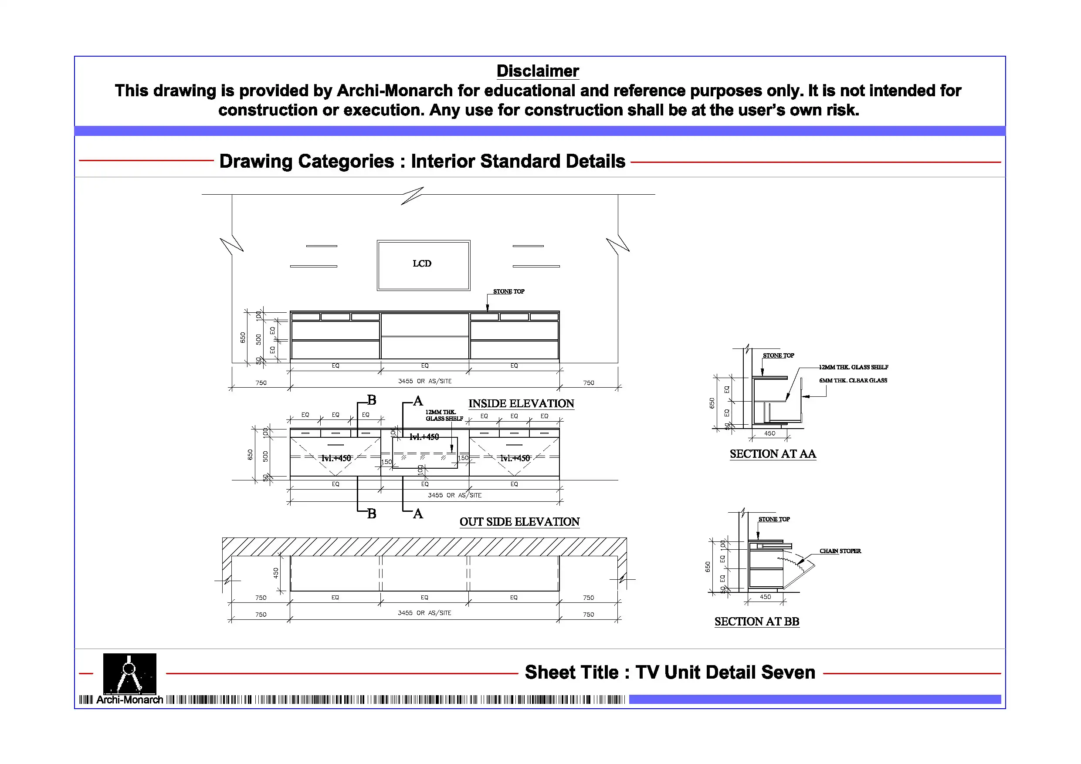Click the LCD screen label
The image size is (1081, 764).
tap(422, 264)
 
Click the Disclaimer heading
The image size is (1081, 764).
tap(538, 71)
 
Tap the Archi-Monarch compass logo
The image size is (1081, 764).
tap(129, 674)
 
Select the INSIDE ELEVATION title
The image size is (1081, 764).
tap(521, 404)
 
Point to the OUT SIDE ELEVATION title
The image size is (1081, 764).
tap(519, 522)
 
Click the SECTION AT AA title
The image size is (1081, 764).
tap(773, 454)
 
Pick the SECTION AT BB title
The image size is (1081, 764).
tap(756, 622)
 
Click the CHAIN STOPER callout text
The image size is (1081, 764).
tap(840, 551)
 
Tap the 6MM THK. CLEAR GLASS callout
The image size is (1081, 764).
tap(853, 380)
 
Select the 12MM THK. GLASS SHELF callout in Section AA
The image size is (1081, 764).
tap(853, 367)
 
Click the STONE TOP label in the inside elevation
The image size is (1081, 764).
tap(508, 292)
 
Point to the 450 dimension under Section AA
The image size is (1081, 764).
tap(769, 433)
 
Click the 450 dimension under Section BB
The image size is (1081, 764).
tap(765, 597)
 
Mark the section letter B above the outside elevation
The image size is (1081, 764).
tap(372, 401)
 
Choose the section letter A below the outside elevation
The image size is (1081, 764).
tap(417, 514)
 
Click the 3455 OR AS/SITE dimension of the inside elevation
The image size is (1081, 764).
tap(424, 381)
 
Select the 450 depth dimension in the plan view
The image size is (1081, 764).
tap(276, 573)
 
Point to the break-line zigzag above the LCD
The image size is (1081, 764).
tap(412, 196)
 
